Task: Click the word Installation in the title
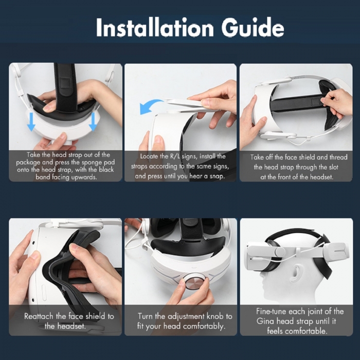(155, 27)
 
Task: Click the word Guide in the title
(253, 27)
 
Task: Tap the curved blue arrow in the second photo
(150, 106)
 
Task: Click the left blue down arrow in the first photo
(31, 122)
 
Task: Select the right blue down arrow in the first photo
(93, 122)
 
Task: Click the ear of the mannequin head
(296, 273)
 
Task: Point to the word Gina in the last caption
(264, 321)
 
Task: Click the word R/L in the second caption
(175, 156)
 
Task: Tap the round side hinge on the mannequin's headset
(280, 252)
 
